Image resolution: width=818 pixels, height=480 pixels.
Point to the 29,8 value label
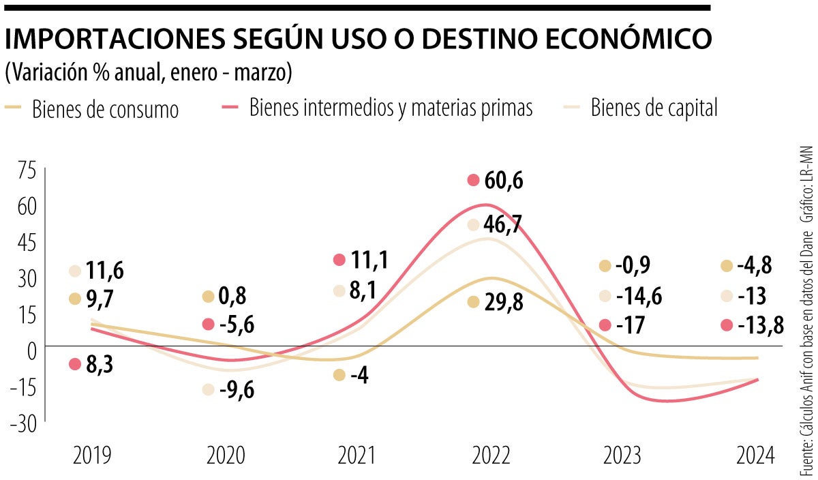[x=504, y=303]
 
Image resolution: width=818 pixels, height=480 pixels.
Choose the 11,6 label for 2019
[x=105, y=271]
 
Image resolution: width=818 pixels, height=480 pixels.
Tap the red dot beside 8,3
[x=75, y=364]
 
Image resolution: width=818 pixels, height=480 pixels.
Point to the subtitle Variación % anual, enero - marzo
[x=149, y=74]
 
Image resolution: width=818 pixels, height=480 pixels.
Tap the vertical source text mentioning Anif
[x=806, y=355]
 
